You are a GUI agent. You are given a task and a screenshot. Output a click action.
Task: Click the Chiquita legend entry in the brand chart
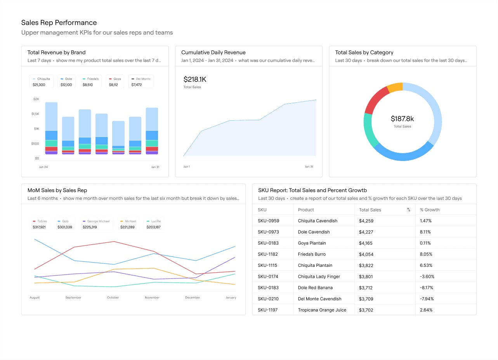[x=42, y=81]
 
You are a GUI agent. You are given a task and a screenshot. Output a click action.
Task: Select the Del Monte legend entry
[x=141, y=81]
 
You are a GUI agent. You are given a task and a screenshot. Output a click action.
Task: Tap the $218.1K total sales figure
[x=195, y=80]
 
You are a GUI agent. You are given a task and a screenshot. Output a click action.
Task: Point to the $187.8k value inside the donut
[x=402, y=119]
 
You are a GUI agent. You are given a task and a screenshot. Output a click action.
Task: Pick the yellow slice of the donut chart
[x=395, y=87]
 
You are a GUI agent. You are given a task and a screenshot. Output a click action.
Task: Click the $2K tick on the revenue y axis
[x=36, y=99]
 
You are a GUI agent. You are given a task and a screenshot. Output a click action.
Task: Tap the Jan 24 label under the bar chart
[x=43, y=167]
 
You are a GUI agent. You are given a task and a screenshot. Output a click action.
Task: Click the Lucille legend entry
[x=153, y=224]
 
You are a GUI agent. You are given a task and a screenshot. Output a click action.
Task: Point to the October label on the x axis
[x=113, y=298]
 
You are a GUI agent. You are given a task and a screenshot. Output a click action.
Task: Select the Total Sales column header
[x=370, y=210]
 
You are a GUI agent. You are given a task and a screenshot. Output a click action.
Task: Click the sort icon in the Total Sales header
[x=408, y=210]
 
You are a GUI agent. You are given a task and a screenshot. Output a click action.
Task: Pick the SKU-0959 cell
[x=268, y=221]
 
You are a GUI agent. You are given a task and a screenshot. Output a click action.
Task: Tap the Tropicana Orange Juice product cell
[x=322, y=310]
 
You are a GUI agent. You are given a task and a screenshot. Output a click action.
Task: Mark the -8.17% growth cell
[x=427, y=288]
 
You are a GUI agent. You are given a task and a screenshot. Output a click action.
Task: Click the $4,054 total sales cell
[x=366, y=254]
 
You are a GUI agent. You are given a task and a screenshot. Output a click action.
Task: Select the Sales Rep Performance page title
[x=59, y=22]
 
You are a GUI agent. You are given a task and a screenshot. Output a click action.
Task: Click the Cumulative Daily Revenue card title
[x=213, y=52]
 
